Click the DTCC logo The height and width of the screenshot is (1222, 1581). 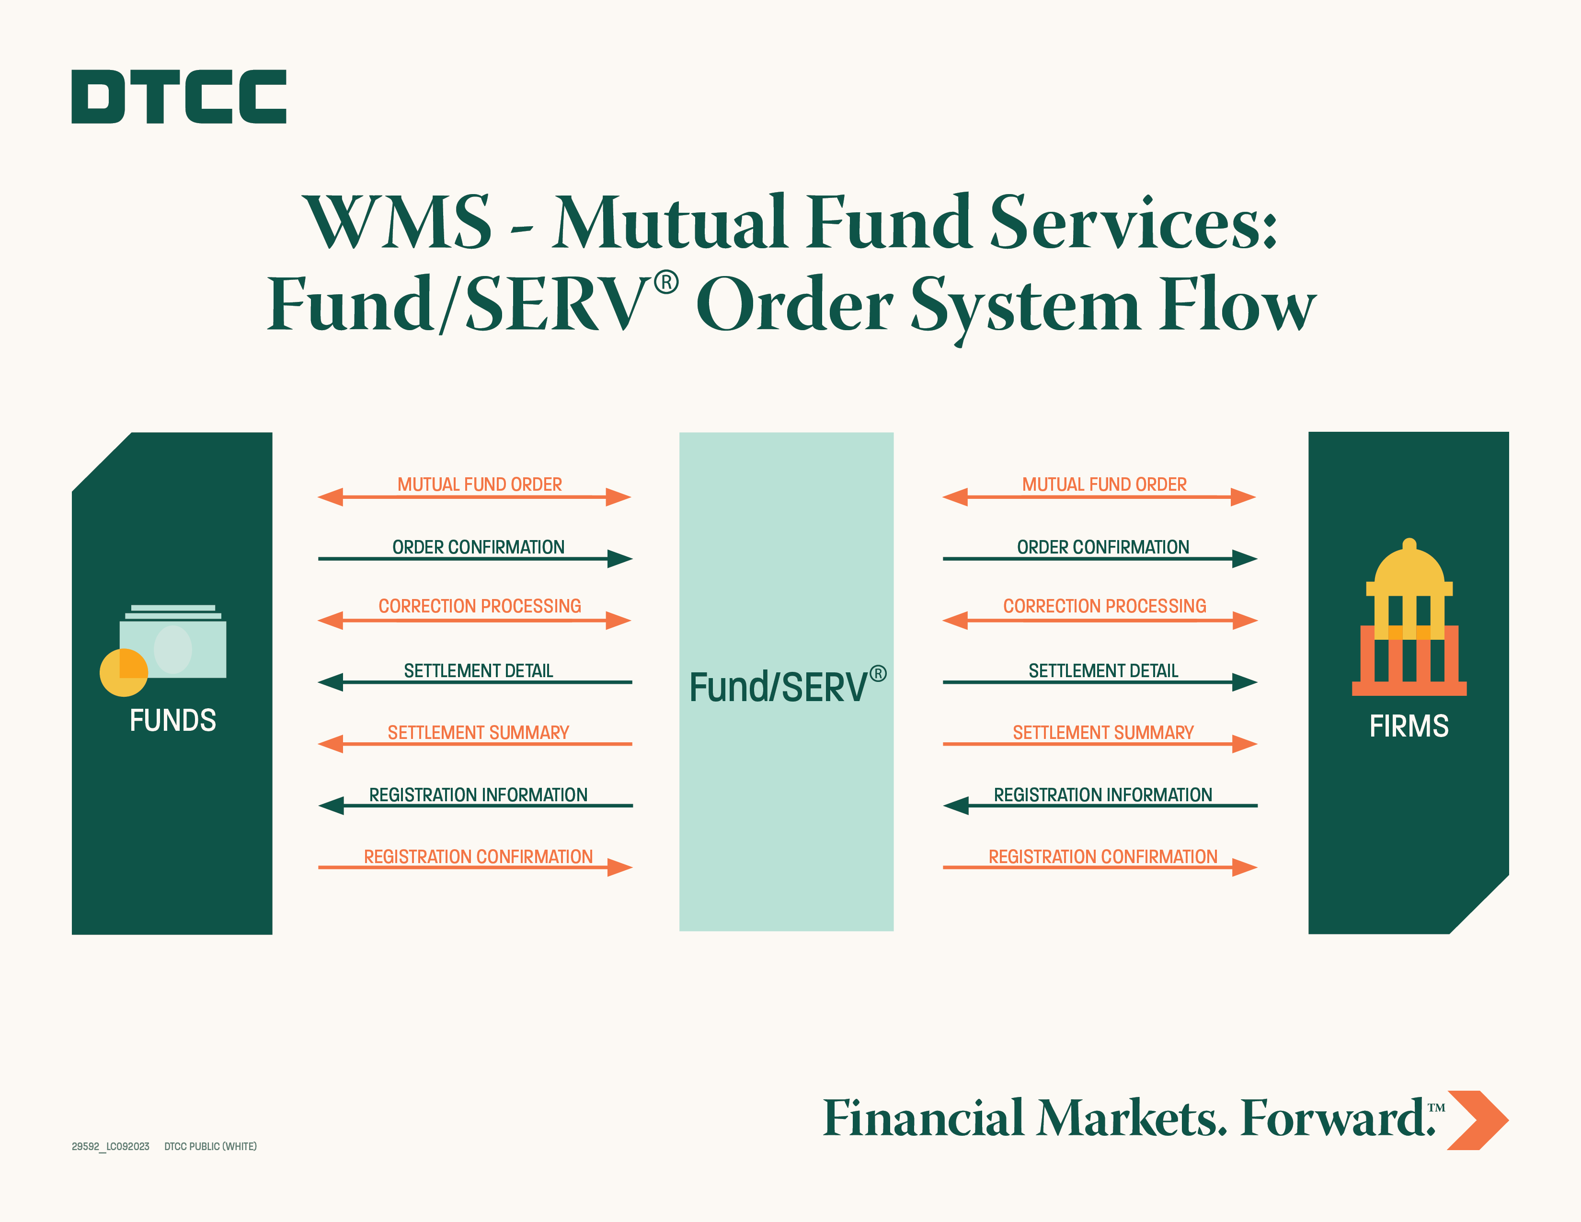point(179,96)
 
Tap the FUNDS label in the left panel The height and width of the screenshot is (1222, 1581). point(173,720)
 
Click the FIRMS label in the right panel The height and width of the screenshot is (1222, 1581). point(1409,726)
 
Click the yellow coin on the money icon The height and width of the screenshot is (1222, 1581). point(124,672)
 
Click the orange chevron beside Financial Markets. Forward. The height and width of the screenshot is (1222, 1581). point(1478,1120)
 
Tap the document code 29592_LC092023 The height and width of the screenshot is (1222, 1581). point(110,1146)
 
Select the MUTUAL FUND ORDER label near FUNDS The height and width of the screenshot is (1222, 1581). point(479,484)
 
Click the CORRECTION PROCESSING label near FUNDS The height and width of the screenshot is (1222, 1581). point(479,606)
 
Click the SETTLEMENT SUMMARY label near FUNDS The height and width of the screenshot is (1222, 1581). point(479,733)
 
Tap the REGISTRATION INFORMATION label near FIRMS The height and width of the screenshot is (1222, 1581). point(1102,795)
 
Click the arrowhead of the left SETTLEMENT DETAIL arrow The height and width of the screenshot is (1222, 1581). point(330,682)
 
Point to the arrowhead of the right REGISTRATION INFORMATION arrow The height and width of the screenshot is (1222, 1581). point(956,806)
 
